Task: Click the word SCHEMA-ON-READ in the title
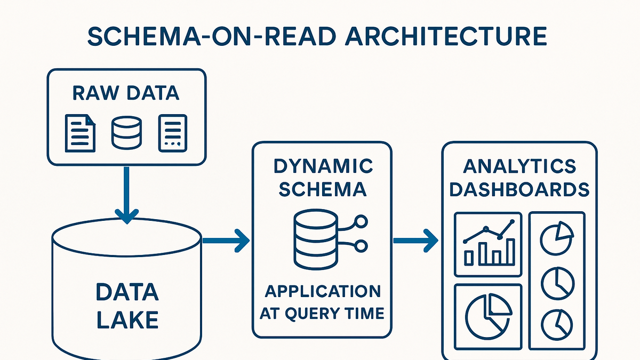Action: tap(211, 37)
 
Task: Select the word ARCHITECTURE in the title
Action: tap(446, 37)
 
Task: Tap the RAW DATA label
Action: tap(126, 93)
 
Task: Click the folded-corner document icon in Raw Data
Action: tap(81, 133)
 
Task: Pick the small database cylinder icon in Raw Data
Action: tap(126, 133)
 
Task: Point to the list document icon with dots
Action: tap(173, 133)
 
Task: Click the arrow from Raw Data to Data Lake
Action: tap(126, 195)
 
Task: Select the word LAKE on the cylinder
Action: tap(127, 319)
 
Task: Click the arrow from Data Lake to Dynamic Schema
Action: tap(226, 241)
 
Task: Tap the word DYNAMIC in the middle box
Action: tap(323, 166)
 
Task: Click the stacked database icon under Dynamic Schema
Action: tap(316, 239)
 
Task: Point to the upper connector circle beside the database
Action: tap(361, 221)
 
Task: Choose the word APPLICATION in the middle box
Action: tap(323, 291)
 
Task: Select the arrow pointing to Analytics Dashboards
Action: tap(415, 241)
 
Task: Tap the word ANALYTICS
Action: tap(519, 166)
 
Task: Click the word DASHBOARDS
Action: tap(519, 189)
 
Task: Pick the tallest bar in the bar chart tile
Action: tap(510, 252)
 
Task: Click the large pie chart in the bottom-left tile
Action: tap(489, 317)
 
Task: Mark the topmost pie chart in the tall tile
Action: tap(557, 238)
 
